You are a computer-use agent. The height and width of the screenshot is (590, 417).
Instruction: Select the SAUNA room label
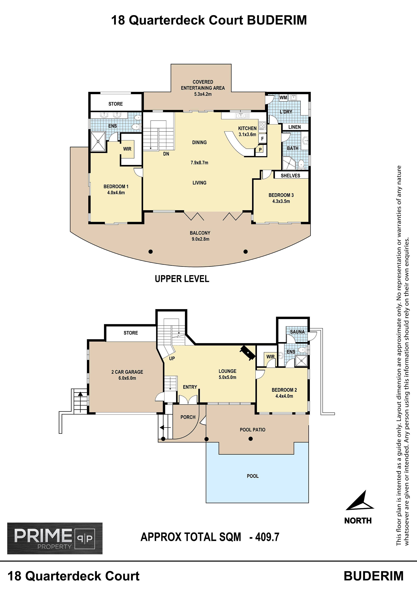pos(297,332)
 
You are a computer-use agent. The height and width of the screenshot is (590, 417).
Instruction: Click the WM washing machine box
pos(283,98)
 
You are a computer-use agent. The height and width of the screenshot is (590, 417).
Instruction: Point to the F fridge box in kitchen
pos(262,139)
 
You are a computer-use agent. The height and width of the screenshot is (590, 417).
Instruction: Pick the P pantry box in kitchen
pos(260,150)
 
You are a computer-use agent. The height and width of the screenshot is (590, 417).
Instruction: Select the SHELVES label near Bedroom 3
pos(290,176)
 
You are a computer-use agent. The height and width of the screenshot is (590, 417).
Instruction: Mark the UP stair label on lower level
pos(172,358)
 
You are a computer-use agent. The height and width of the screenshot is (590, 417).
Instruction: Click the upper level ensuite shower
pos(98,141)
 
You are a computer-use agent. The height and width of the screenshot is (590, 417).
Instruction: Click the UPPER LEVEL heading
pos(182,279)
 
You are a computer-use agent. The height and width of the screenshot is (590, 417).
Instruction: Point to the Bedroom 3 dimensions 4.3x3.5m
pos(281,201)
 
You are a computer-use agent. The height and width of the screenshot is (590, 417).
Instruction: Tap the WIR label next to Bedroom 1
pos(127,149)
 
